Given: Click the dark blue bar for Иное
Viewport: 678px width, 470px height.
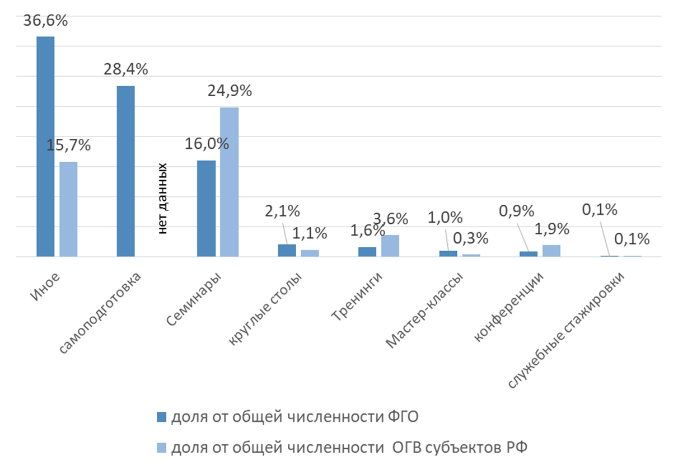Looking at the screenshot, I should [46, 147].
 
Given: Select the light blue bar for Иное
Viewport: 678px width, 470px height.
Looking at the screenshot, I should [68, 209].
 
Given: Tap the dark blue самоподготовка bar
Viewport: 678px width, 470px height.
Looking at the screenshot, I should [126, 171].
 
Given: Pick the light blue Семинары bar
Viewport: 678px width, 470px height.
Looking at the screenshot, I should [230, 182].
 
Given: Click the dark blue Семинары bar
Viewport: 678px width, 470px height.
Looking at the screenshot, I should [207, 209].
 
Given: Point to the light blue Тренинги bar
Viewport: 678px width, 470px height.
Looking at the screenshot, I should [390, 246].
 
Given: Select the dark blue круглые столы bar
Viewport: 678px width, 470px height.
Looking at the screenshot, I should [287, 251].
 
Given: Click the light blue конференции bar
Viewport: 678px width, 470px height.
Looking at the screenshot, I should [551, 251].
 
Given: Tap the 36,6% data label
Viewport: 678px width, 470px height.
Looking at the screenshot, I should [46, 21].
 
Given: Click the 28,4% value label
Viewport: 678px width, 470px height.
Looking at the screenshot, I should [126, 70].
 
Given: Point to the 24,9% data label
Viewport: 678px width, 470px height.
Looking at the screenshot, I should [230, 91].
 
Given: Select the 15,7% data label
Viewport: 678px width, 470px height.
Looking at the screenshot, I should [68, 145].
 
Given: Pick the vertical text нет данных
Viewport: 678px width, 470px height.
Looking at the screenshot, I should [162, 198].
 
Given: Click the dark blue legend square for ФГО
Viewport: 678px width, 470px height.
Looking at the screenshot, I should [162, 417].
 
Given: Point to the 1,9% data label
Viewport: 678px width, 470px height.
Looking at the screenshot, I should [551, 229].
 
